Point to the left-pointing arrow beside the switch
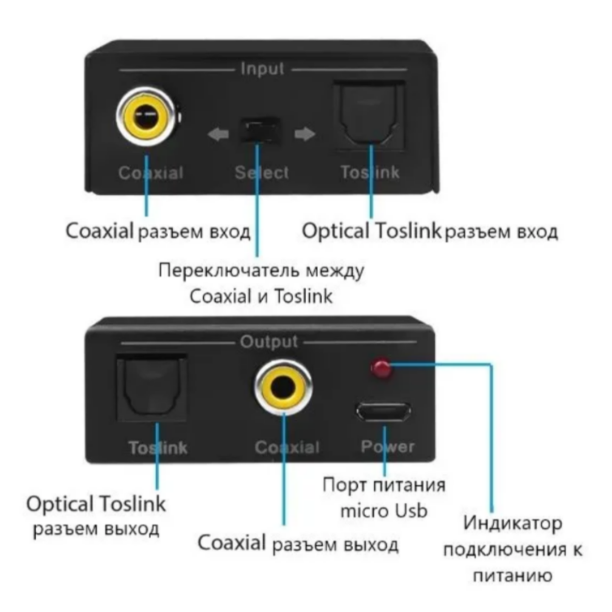(x=218, y=134)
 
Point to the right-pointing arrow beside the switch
(x=305, y=134)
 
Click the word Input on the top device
(x=262, y=69)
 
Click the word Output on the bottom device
(x=269, y=342)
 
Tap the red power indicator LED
(x=381, y=368)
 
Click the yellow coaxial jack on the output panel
(x=283, y=387)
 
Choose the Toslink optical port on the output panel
(x=152, y=387)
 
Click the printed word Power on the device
(x=387, y=446)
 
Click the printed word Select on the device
(x=262, y=173)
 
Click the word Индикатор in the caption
(x=513, y=523)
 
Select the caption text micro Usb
(x=383, y=511)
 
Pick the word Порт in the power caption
(x=341, y=485)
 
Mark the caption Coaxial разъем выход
(x=298, y=544)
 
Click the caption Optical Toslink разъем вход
(x=429, y=232)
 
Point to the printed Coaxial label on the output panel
(x=287, y=447)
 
